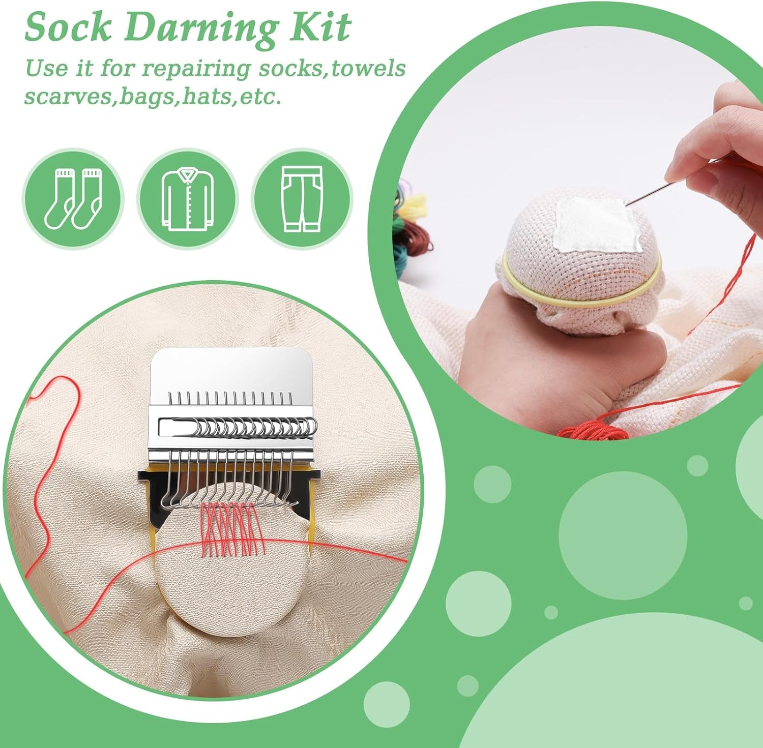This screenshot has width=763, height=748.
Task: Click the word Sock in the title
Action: pos(68,27)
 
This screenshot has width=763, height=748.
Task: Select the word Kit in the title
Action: pos(320,27)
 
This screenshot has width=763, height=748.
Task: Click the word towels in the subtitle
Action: pos(368,68)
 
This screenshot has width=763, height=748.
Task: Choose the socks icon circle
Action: pos(73,199)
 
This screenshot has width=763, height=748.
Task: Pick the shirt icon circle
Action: pos(188,199)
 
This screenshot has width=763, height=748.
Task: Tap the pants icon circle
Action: pos(302,199)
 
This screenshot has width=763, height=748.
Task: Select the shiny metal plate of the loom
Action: pos(231,371)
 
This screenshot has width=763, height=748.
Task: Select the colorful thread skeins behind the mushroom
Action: pos(409,214)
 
